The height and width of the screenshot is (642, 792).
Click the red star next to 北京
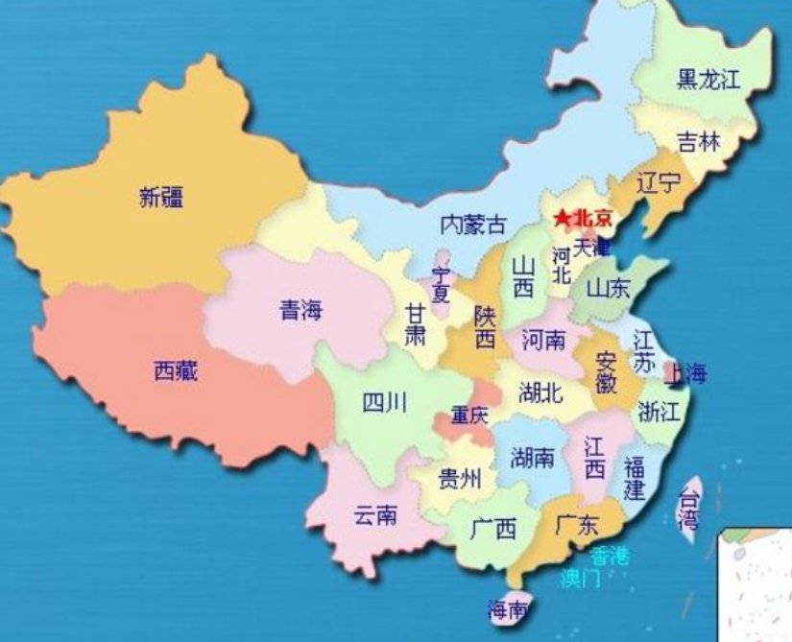tap(561, 220)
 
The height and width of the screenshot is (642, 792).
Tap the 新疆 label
tap(161, 199)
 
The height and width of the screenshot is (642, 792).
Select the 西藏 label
tap(176, 370)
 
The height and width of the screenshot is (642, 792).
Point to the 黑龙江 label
tap(708, 80)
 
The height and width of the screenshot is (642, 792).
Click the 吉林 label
tap(697, 142)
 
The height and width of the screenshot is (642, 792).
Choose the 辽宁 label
tap(659, 182)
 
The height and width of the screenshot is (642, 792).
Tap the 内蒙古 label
tap(472, 225)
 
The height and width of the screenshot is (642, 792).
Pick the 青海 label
tap(300, 310)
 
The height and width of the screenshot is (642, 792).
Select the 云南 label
tap(374, 515)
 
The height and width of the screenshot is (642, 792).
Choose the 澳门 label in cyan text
tap(581, 578)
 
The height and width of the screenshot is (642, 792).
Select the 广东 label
tap(577, 525)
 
